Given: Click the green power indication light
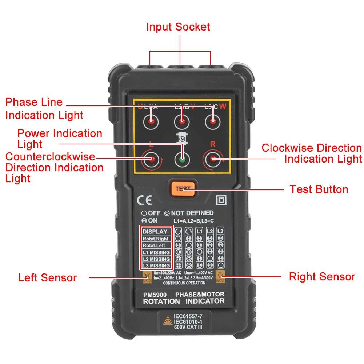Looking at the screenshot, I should [x=182, y=159].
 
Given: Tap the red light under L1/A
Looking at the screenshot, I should [x=151, y=122].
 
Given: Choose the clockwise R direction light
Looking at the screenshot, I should [x=213, y=159].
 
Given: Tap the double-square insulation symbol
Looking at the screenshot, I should [x=221, y=200].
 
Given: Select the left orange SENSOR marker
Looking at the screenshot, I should [x=147, y=277].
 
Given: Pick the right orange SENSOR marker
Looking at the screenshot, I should [x=221, y=277].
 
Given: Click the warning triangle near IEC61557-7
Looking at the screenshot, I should [x=167, y=321].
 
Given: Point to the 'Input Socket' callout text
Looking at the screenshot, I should [x=178, y=27].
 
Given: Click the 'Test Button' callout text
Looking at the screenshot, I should [x=319, y=189].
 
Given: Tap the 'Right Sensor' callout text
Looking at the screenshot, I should [x=322, y=277].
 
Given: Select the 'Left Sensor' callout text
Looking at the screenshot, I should [x=47, y=278].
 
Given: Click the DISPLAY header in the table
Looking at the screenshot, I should [x=155, y=232].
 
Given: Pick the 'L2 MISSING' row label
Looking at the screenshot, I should [x=156, y=259].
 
